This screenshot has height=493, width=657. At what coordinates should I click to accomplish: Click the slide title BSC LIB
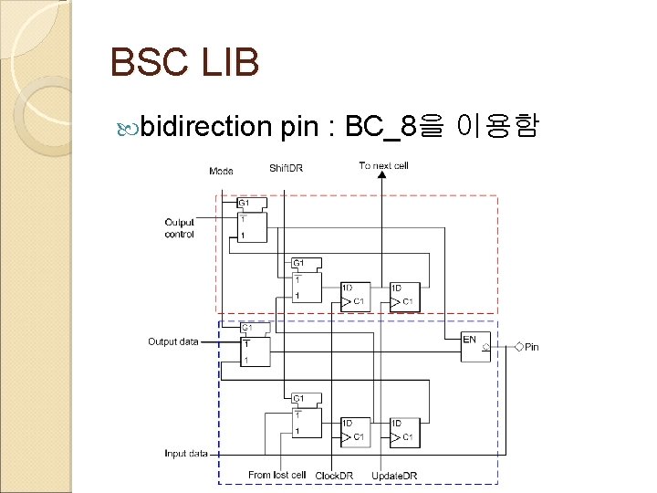pos(184,63)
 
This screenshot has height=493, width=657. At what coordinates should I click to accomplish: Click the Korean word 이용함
pos(500,127)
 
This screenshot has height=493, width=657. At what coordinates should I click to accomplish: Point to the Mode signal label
pos(221,171)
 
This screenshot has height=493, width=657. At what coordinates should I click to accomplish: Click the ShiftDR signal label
pos(287,168)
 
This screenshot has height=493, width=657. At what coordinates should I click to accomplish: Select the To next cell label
pos(384,165)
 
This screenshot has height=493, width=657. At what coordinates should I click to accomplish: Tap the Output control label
pos(180,228)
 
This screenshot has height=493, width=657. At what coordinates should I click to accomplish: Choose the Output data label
pos(173,341)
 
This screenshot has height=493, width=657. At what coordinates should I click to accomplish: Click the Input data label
pos(186,453)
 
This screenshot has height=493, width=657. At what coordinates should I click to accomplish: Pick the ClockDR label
pos(334,476)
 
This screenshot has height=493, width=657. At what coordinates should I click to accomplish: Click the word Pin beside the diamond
pos(532,347)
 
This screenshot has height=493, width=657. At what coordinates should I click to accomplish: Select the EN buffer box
pos(475,344)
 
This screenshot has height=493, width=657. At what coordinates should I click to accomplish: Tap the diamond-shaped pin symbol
pos(518,347)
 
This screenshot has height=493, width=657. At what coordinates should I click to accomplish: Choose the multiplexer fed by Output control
pos(251,220)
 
